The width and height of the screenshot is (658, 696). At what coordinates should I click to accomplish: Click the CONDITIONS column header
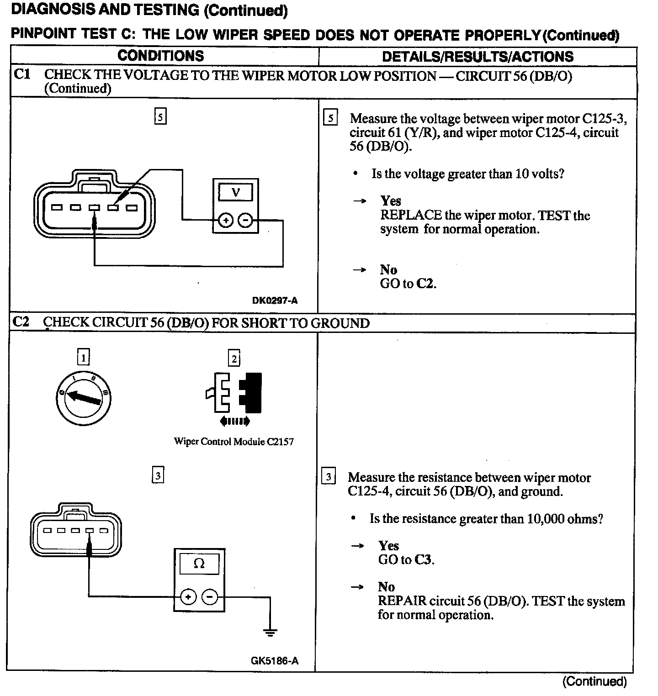pyautogui.click(x=160, y=56)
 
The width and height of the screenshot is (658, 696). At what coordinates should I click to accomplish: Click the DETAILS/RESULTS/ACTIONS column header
pyautogui.click(x=478, y=57)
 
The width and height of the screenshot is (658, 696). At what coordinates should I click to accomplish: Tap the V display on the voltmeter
pyautogui.click(x=235, y=192)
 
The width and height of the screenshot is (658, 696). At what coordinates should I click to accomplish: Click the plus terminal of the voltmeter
pyautogui.click(x=225, y=221)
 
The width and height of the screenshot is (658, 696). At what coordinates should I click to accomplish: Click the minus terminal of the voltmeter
pyautogui.click(x=245, y=221)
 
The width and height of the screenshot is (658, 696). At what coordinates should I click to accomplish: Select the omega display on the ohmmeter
pyautogui.click(x=199, y=564)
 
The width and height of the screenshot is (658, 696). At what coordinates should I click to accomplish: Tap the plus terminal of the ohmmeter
pyautogui.click(x=188, y=596)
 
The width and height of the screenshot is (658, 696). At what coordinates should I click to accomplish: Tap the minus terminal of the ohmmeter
pyautogui.click(x=210, y=596)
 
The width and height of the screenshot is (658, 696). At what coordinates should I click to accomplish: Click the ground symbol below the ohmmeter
pyautogui.click(x=270, y=633)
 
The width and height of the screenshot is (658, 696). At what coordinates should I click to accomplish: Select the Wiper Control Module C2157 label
pyautogui.click(x=233, y=442)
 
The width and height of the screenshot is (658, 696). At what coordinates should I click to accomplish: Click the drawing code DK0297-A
pyautogui.click(x=275, y=301)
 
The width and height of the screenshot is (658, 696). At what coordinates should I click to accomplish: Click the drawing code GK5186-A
pyautogui.click(x=274, y=660)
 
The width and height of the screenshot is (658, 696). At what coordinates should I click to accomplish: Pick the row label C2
pyautogui.click(x=21, y=322)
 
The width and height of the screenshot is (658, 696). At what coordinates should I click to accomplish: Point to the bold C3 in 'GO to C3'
pyautogui.click(x=424, y=560)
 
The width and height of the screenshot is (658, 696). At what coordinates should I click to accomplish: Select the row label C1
pyautogui.click(x=22, y=74)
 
